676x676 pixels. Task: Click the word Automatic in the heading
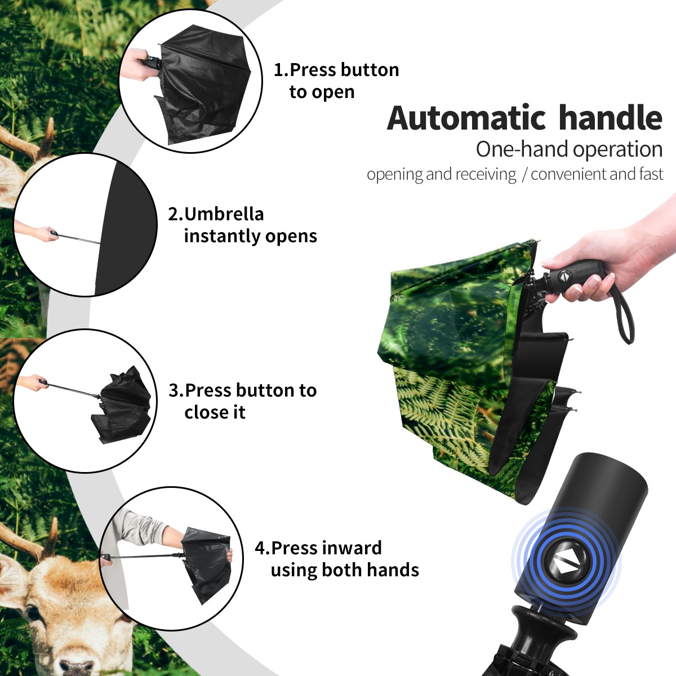(466, 118)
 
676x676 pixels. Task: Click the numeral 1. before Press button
(281, 70)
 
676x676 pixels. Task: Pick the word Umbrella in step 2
(224, 214)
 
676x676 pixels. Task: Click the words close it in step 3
(215, 412)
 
